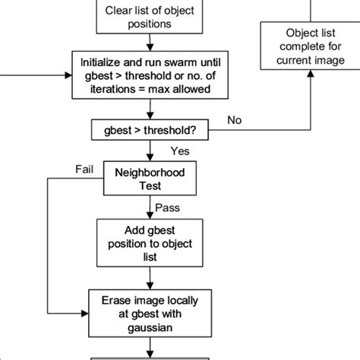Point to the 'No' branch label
235,119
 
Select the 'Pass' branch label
167,207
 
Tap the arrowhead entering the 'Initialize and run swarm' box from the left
67,75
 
